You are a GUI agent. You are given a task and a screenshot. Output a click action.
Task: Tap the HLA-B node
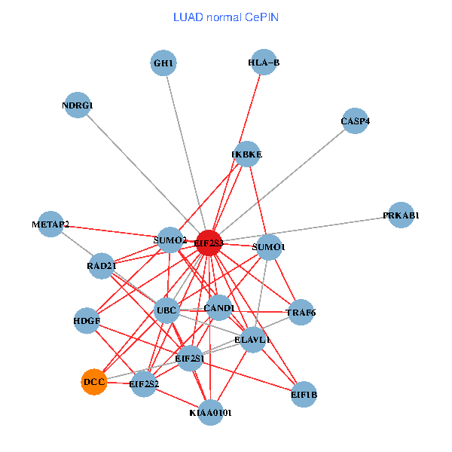click(x=263, y=63)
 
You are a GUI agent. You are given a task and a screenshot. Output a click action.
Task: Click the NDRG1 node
click(x=78, y=105)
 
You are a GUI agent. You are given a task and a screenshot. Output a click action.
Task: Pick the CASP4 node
click(x=355, y=121)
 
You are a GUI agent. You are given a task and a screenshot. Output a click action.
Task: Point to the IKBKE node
click(x=247, y=154)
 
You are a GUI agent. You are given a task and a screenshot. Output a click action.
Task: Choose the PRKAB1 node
click(x=401, y=215)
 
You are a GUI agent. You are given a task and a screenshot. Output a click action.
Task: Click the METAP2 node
click(x=50, y=224)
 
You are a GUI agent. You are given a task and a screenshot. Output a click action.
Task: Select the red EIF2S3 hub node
click(x=209, y=243)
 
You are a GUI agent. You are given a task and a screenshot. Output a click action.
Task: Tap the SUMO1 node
click(x=269, y=246)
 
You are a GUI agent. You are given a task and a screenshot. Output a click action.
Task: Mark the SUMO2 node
click(x=169, y=240)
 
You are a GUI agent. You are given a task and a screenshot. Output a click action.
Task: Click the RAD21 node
click(x=102, y=266)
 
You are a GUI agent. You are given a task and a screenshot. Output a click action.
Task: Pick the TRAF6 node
click(x=301, y=312)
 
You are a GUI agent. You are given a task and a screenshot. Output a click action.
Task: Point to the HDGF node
click(x=87, y=320)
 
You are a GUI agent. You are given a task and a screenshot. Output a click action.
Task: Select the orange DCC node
click(x=94, y=382)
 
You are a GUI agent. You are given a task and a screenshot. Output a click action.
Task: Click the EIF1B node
click(x=304, y=394)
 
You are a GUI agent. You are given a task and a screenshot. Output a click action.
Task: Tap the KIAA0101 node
click(x=211, y=412)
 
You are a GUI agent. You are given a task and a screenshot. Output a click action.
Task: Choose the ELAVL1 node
click(x=253, y=340)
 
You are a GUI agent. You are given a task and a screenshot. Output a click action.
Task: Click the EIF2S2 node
click(x=144, y=384)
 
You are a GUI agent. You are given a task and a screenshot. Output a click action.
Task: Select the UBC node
click(x=166, y=310)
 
